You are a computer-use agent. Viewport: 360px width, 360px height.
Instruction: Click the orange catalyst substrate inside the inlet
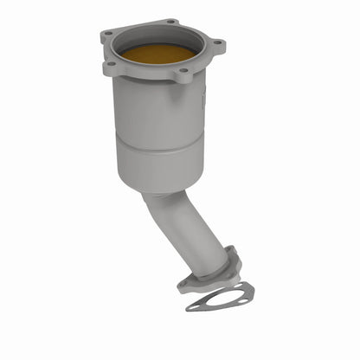(157, 54)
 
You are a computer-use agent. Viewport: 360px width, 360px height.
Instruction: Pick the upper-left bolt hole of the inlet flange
(108, 35)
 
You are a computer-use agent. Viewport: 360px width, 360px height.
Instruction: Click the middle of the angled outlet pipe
(184, 229)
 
